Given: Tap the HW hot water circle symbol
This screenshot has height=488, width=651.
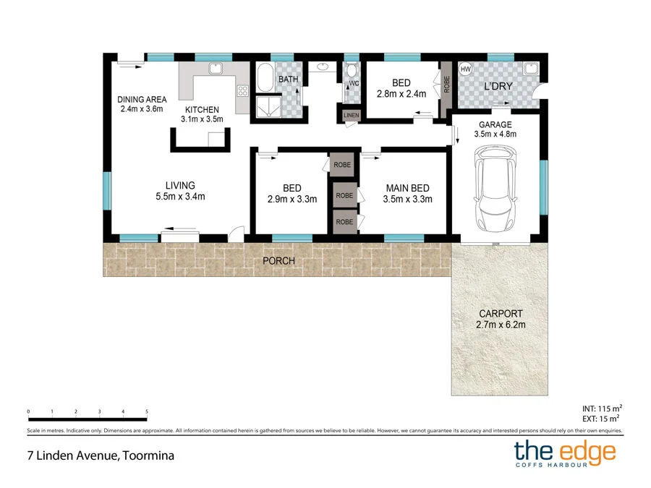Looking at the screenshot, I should click(x=466, y=69).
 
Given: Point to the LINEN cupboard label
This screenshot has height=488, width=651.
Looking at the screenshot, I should click(x=351, y=115).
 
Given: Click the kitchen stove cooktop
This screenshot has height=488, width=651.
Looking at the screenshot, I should click(x=242, y=91).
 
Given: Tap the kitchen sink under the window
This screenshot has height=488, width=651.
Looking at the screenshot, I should click(x=215, y=69).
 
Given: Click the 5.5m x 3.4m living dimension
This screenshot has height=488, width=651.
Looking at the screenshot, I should click(x=180, y=196).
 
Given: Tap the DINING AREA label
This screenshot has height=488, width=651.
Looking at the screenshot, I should click(x=142, y=100).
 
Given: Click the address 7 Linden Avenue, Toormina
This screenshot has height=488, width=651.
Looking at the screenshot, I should click(x=97, y=455).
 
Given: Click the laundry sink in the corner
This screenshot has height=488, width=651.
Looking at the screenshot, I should click(x=532, y=69).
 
